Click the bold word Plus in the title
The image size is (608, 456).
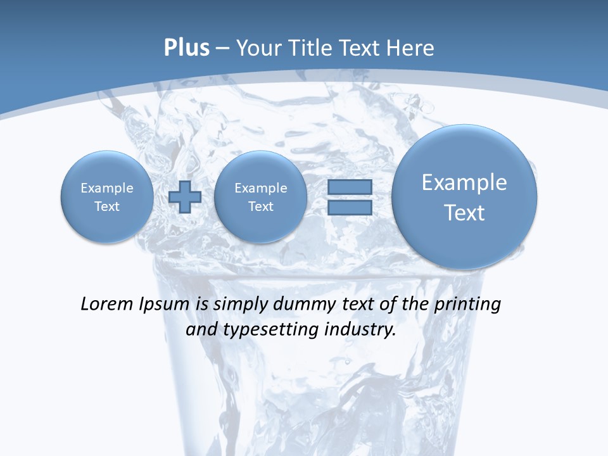(x=186, y=48)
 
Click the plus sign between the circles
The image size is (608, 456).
(x=185, y=197)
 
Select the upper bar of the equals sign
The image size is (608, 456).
(x=349, y=187)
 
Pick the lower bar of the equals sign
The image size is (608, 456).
(x=349, y=208)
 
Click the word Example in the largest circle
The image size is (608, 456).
(x=464, y=182)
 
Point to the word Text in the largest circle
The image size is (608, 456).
(x=464, y=213)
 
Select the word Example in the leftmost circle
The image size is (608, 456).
(x=107, y=188)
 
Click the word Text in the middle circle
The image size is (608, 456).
(x=260, y=206)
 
